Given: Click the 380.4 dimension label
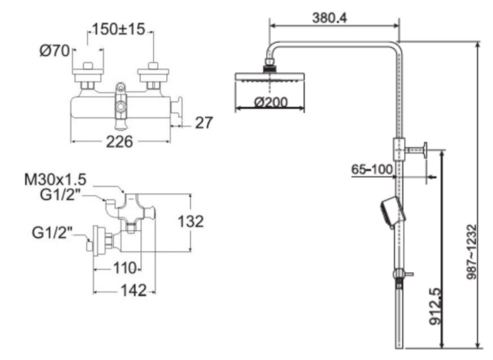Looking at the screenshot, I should coord(328,17).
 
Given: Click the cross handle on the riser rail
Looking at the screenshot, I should coord(425,150).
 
